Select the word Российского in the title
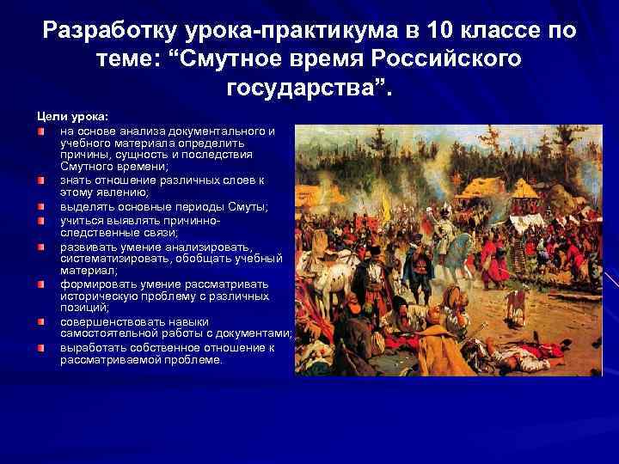click(x=448, y=60)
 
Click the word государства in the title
click(x=301, y=89)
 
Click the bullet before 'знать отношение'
click(x=41, y=180)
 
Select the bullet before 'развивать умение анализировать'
click(x=41, y=246)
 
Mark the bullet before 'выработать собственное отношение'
click(x=41, y=347)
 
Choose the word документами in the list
click(x=254, y=333)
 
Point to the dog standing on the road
click(x=516, y=302)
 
